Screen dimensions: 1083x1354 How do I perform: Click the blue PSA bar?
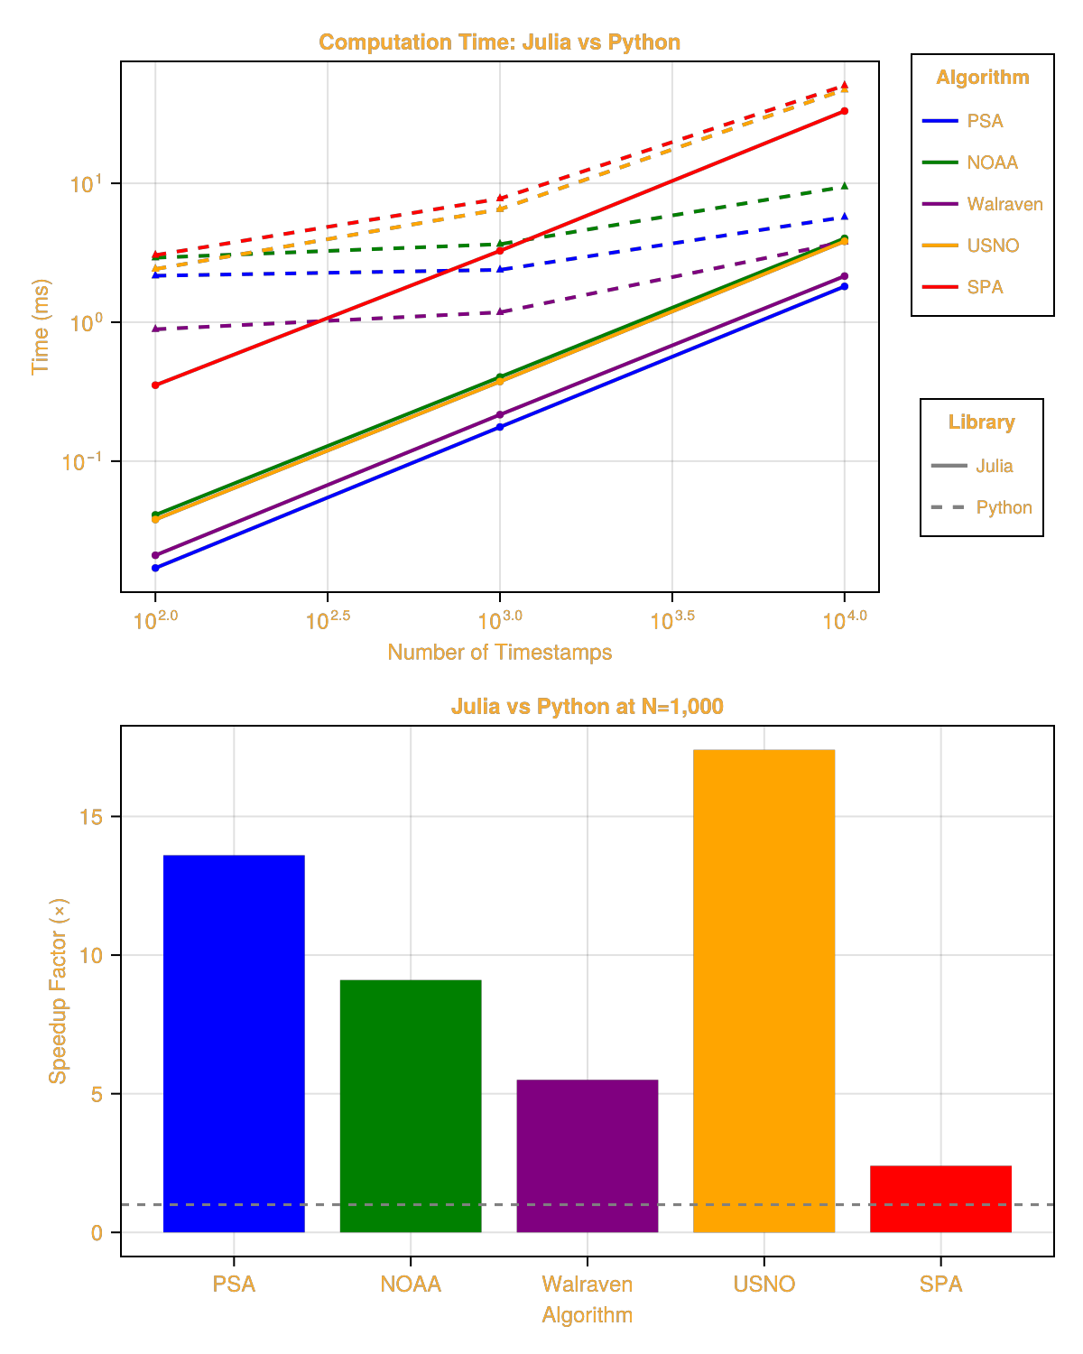[x=234, y=1043]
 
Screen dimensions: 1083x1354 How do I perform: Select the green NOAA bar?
[x=411, y=1106]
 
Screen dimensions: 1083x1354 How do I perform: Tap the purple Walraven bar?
[x=588, y=1155]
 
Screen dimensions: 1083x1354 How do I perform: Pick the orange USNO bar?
[x=764, y=990]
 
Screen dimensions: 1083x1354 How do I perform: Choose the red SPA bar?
[x=940, y=1198]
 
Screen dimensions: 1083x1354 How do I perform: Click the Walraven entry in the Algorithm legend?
[x=982, y=204]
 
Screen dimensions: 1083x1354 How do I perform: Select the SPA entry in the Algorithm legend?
[x=962, y=287]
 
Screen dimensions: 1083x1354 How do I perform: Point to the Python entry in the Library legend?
[x=981, y=507]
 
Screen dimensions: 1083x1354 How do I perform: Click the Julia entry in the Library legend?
[x=972, y=466]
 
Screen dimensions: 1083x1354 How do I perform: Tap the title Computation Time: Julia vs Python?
[x=500, y=42]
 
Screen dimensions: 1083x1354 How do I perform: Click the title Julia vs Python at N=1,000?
[x=588, y=706]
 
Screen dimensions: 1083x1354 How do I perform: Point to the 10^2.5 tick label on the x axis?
[x=328, y=620]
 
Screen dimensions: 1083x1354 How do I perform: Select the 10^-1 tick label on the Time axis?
[x=82, y=461]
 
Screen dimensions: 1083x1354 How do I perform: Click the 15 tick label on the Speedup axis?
[x=90, y=817]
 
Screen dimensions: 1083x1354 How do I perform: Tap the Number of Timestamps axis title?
[x=500, y=652]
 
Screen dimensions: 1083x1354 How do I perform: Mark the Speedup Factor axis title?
[x=58, y=991]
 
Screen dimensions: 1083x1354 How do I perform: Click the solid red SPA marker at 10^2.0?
[x=155, y=385]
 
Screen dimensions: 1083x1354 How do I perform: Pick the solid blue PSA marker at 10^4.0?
[x=845, y=286]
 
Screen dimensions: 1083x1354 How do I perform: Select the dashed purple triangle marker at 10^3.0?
[x=500, y=311]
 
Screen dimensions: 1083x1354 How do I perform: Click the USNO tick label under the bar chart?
[x=764, y=1284]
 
